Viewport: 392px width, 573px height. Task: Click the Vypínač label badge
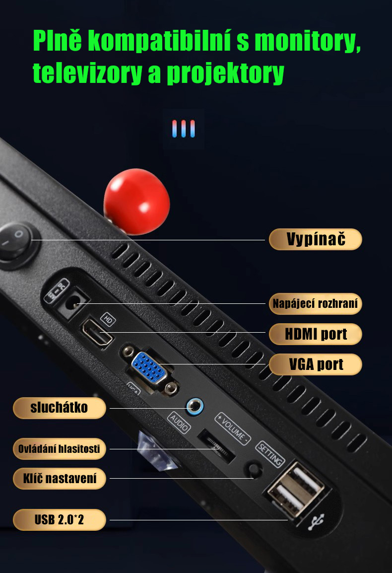tap(315, 239)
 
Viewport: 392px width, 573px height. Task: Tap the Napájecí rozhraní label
tap(315, 303)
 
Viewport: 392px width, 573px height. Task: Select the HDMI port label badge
tap(315, 334)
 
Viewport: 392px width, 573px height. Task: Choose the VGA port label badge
tap(315, 364)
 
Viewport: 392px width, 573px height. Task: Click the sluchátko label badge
tap(59, 408)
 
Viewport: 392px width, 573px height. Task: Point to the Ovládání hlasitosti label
tap(59, 449)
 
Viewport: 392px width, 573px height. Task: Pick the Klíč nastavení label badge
tap(59, 479)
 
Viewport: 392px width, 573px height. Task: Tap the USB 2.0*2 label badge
tap(59, 520)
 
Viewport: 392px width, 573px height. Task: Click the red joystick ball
tap(136, 201)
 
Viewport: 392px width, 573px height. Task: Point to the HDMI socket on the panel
tap(98, 332)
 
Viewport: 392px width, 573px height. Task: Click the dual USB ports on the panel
tap(296, 490)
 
